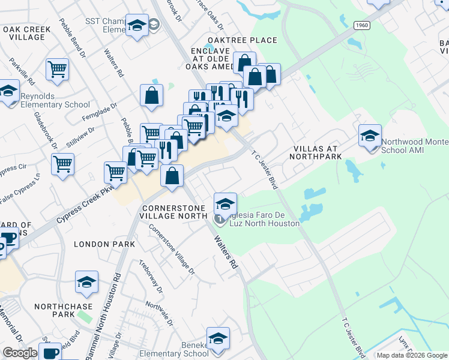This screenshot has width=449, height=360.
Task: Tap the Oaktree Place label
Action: (243, 40)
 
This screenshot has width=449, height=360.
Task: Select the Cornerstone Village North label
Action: (174, 212)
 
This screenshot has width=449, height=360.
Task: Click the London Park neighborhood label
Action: (100, 244)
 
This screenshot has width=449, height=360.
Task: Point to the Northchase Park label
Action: (63, 310)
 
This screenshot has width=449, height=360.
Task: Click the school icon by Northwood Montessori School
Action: (370, 137)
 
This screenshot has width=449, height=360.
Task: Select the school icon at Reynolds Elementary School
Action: (8, 92)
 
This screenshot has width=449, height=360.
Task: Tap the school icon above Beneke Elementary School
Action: (218, 338)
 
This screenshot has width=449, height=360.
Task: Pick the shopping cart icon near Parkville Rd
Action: (58, 69)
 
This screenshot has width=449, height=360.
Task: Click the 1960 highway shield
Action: (361, 25)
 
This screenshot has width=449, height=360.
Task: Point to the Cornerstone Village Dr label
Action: (172, 249)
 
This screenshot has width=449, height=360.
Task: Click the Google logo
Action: (20, 353)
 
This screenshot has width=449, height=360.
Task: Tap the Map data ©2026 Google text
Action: (412, 355)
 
